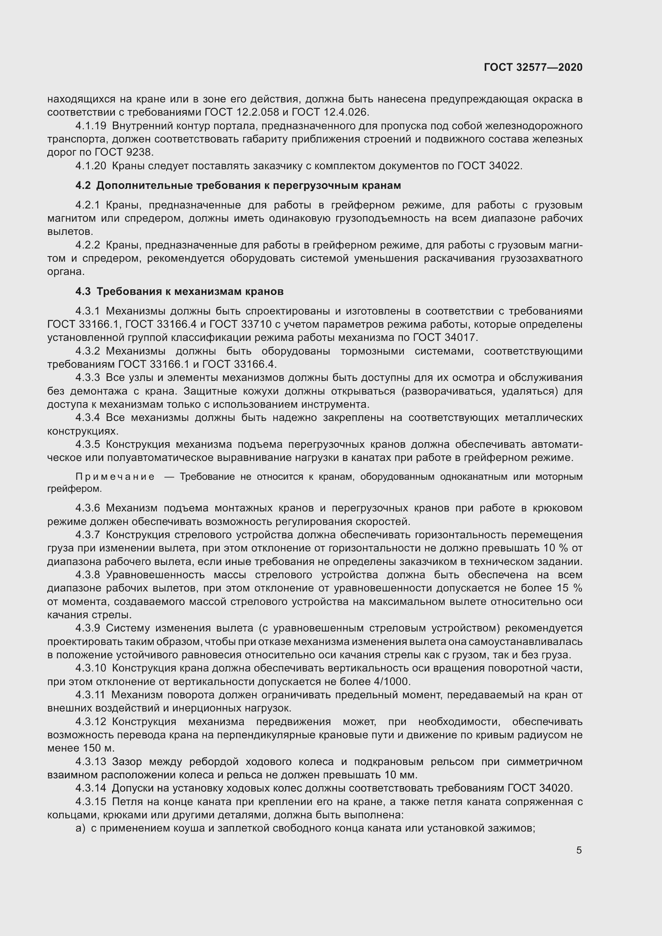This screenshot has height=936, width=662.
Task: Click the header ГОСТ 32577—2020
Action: (533, 67)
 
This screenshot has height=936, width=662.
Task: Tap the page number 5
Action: (579, 850)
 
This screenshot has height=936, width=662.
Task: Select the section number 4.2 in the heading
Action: (83, 186)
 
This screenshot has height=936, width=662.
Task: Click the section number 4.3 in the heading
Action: (83, 292)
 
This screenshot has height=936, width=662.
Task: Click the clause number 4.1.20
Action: (90, 166)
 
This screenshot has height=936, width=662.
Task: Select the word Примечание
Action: (115, 477)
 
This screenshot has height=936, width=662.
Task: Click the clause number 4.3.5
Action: (87, 444)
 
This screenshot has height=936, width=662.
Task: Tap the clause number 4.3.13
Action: (90, 762)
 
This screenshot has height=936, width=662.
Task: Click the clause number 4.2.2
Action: (87, 245)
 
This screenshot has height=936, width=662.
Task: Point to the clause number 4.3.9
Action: (87, 628)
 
